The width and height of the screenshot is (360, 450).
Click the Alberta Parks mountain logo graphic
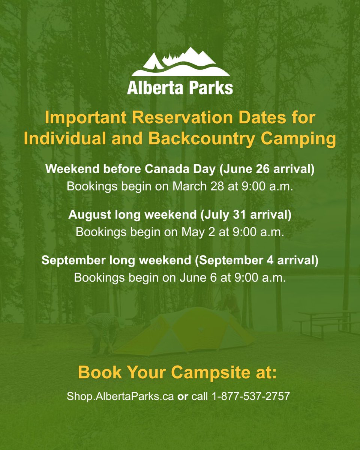(180, 62)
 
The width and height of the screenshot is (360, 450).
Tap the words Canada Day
(186, 169)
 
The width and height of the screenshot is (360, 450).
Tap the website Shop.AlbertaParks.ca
(120, 396)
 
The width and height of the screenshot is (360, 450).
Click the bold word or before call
(183, 396)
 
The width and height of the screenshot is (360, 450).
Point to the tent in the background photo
(184, 332)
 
